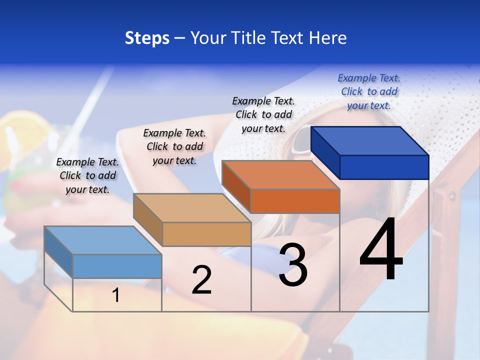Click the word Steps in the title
[147, 38]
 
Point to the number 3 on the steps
[293, 265]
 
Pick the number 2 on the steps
[201, 280]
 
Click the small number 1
[116, 295]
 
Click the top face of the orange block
[280, 175]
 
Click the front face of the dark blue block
[384, 167]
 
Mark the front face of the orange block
[295, 201]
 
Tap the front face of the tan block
[206, 234]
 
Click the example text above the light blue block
[87, 176]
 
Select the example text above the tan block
[174, 147]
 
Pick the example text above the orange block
[263, 115]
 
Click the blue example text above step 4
[369, 92]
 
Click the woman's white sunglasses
[303, 140]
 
